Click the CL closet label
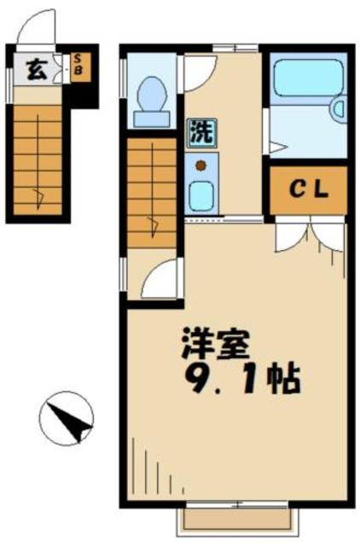pyautogui.click(x=309, y=190)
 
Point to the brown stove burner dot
pyautogui.click(x=200, y=165)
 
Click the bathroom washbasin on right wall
pyautogui.click(x=339, y=110)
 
